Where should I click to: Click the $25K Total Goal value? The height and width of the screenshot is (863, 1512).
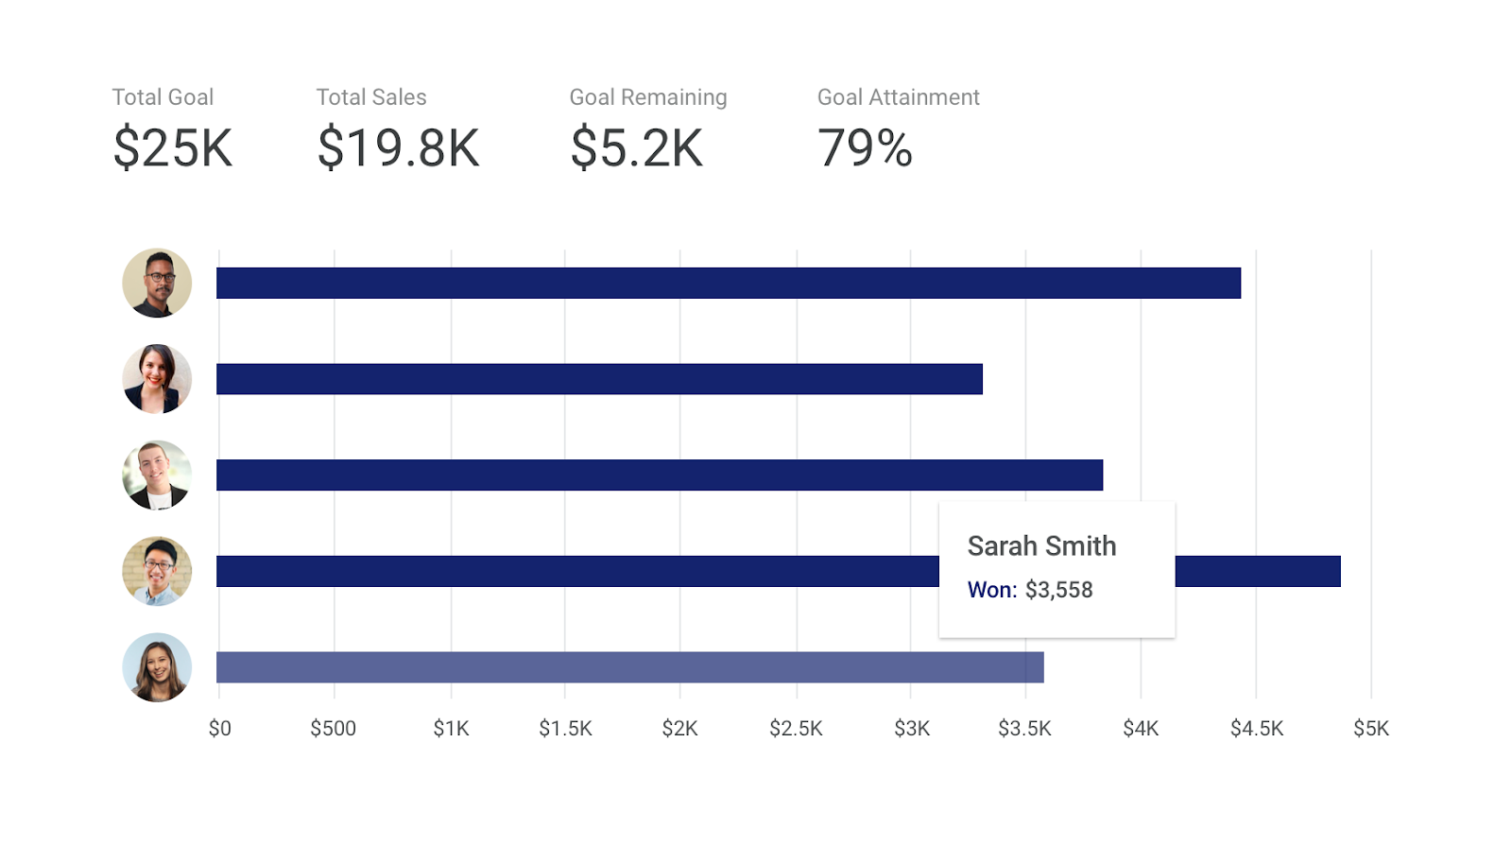pyautogui.click(x=172, y=148)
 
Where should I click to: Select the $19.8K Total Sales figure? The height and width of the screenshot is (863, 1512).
pyautogui.click(x=398, y=148)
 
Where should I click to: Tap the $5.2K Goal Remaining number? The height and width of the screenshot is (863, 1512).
pyautogui.click(x=636, y=148)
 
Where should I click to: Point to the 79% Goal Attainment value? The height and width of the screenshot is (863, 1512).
pyautogui.click(x=865, y=148)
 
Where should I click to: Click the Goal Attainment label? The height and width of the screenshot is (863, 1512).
pyautogui.click(x=898, y=97)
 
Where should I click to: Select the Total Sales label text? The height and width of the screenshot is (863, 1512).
pyautogui.click(x=371, y=97)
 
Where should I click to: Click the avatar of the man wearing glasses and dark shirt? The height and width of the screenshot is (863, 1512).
pyautogui.click(x=157, y=283)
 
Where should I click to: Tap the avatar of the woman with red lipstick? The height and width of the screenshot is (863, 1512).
pyautogui.click(x=157, y=379)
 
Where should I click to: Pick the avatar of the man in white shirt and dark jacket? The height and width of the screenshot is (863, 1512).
pyautogui.click(x=157, y=475)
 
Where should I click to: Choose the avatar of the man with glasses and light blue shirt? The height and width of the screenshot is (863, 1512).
pyautogui.click(x=157, y=571)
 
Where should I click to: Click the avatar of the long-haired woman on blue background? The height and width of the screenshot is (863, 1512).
pyautogui.click(x=157, y=667)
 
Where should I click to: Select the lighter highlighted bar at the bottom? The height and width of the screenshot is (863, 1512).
pyautogui.click(x=629, y=667)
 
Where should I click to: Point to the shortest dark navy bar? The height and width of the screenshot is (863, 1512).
pyautogui.click(x=599, y=379)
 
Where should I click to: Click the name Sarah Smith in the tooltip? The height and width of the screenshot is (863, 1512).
pyautogui.click(x=1041, y=546)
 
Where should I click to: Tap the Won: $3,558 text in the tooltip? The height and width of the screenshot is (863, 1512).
pyautogui.click(x=1030, y=590)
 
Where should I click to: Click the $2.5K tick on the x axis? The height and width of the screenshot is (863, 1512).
pyautogui.click(x=796, y=729)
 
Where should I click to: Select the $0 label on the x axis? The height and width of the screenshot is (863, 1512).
pyautogui.click(x=219, y=729)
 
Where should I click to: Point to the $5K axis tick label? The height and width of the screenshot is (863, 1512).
pyautogui.click(x=1370, y=729)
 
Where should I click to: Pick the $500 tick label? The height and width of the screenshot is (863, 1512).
pyautogui.click(x=334, y=729)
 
